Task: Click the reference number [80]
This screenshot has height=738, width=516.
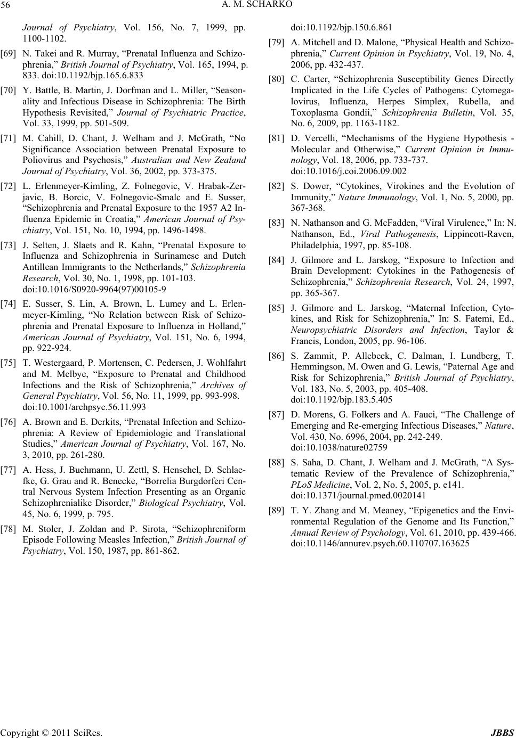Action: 277,80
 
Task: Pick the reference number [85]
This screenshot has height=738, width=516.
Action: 277,308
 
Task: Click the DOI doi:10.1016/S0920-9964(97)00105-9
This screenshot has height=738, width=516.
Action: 94,290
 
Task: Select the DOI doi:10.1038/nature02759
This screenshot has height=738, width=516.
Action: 339,447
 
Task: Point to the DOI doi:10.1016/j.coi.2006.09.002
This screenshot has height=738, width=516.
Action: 349,171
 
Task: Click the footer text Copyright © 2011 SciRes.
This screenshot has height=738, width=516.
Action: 51,733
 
